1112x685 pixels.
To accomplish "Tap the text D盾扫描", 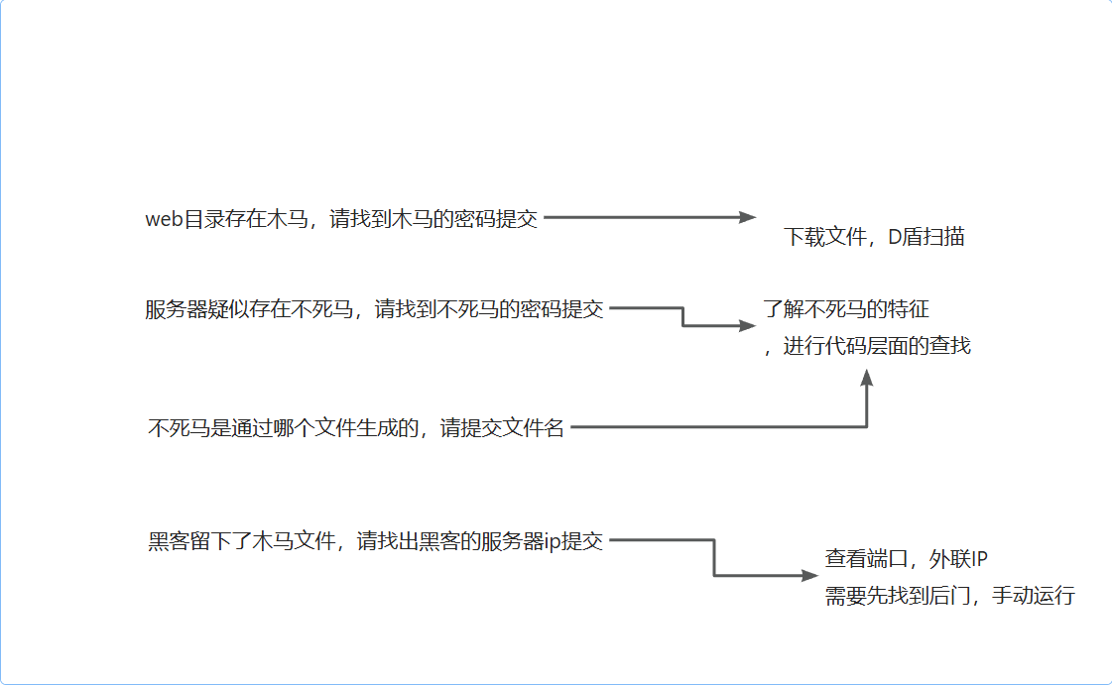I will pyautogui.click(x=927, y=237).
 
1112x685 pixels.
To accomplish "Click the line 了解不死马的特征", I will pyautogui.click(x=846, y=309).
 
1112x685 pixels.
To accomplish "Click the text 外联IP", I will pyautogui.click(x=958, y=559).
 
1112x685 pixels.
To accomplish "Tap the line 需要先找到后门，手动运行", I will pyautogui.click(x=949, y=597).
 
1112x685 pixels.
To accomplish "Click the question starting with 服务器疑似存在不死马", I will pyautogui.click(x=374, y=309).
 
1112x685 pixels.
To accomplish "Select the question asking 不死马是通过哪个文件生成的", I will pyautogui.click(x=356, y=428).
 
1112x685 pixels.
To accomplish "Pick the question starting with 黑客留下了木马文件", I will pyautogui.click(x=375, y=541).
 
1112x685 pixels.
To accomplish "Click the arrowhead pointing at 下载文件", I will pyautogui.click(x=748, y=218).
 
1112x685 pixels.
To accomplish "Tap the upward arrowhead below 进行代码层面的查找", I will pyautogui.click(x=867, y=378).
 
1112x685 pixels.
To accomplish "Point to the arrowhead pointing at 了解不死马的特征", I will pyautogui.click(x=747, y=325).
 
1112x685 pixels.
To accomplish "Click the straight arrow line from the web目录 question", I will pyautogui.click(x=645, y=218).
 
